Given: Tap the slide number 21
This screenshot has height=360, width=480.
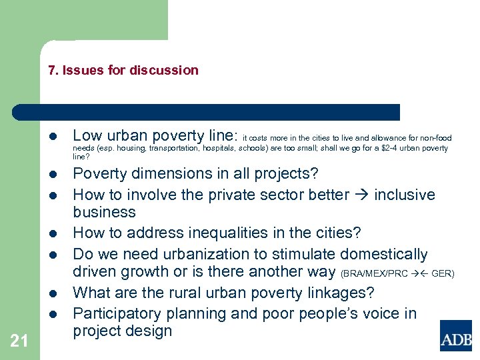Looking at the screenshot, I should point(19,341).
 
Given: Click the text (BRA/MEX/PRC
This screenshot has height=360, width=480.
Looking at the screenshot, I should point(374,273).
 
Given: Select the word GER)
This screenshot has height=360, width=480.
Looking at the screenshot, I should point(443,273).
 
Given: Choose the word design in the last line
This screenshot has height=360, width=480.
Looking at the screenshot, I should point(149,331).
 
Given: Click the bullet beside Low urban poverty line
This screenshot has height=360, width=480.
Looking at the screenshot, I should point(52,135).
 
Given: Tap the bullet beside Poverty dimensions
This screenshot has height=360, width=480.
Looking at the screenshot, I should point(52,175).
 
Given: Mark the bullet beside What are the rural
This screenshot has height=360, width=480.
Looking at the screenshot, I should point(52,293).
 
